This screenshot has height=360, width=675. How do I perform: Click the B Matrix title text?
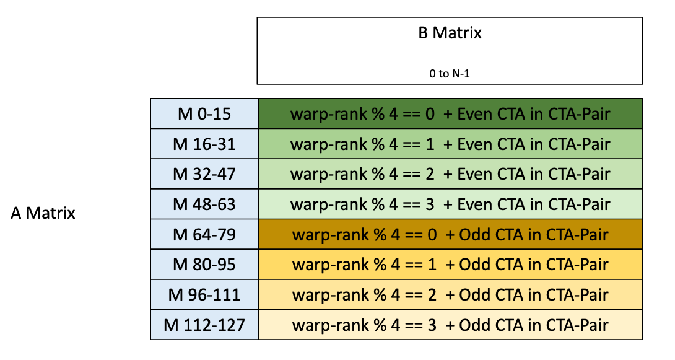(x=450, y=33)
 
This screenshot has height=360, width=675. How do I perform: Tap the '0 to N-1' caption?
(x=450, y=73)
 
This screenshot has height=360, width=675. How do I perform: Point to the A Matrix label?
(x=43, y=214)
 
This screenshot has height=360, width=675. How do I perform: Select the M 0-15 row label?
(x=204, y=114)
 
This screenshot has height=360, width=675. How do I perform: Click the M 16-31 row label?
(x=204, y=144)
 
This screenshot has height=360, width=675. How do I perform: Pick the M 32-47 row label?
(x=204, y=174)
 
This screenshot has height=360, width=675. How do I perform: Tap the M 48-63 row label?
(x=204, y=204)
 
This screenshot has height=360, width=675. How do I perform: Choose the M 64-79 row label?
(x=204, y=235)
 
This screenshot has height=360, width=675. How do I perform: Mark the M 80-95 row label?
(x=204, y=265)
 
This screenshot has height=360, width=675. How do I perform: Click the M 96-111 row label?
(x=204, y=295)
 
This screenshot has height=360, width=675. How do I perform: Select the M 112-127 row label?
(x=204, y=325)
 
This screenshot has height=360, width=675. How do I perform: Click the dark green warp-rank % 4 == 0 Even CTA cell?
(x=450, y=114)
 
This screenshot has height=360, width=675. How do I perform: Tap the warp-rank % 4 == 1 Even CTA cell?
(x=450, y=144)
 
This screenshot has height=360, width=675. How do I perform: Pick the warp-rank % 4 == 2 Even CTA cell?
(x=450, y=174)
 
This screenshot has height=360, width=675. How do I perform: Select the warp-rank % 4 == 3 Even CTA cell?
(x=450, y=204)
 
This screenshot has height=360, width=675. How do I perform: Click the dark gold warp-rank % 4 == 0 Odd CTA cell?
(x=450, y=235)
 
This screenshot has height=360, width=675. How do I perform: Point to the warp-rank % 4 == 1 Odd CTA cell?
(x=450, y=265)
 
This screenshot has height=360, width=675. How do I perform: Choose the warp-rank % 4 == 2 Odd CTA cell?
(x=450, y=295)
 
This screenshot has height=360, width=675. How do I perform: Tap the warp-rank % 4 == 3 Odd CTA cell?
(x=450, y=325)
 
